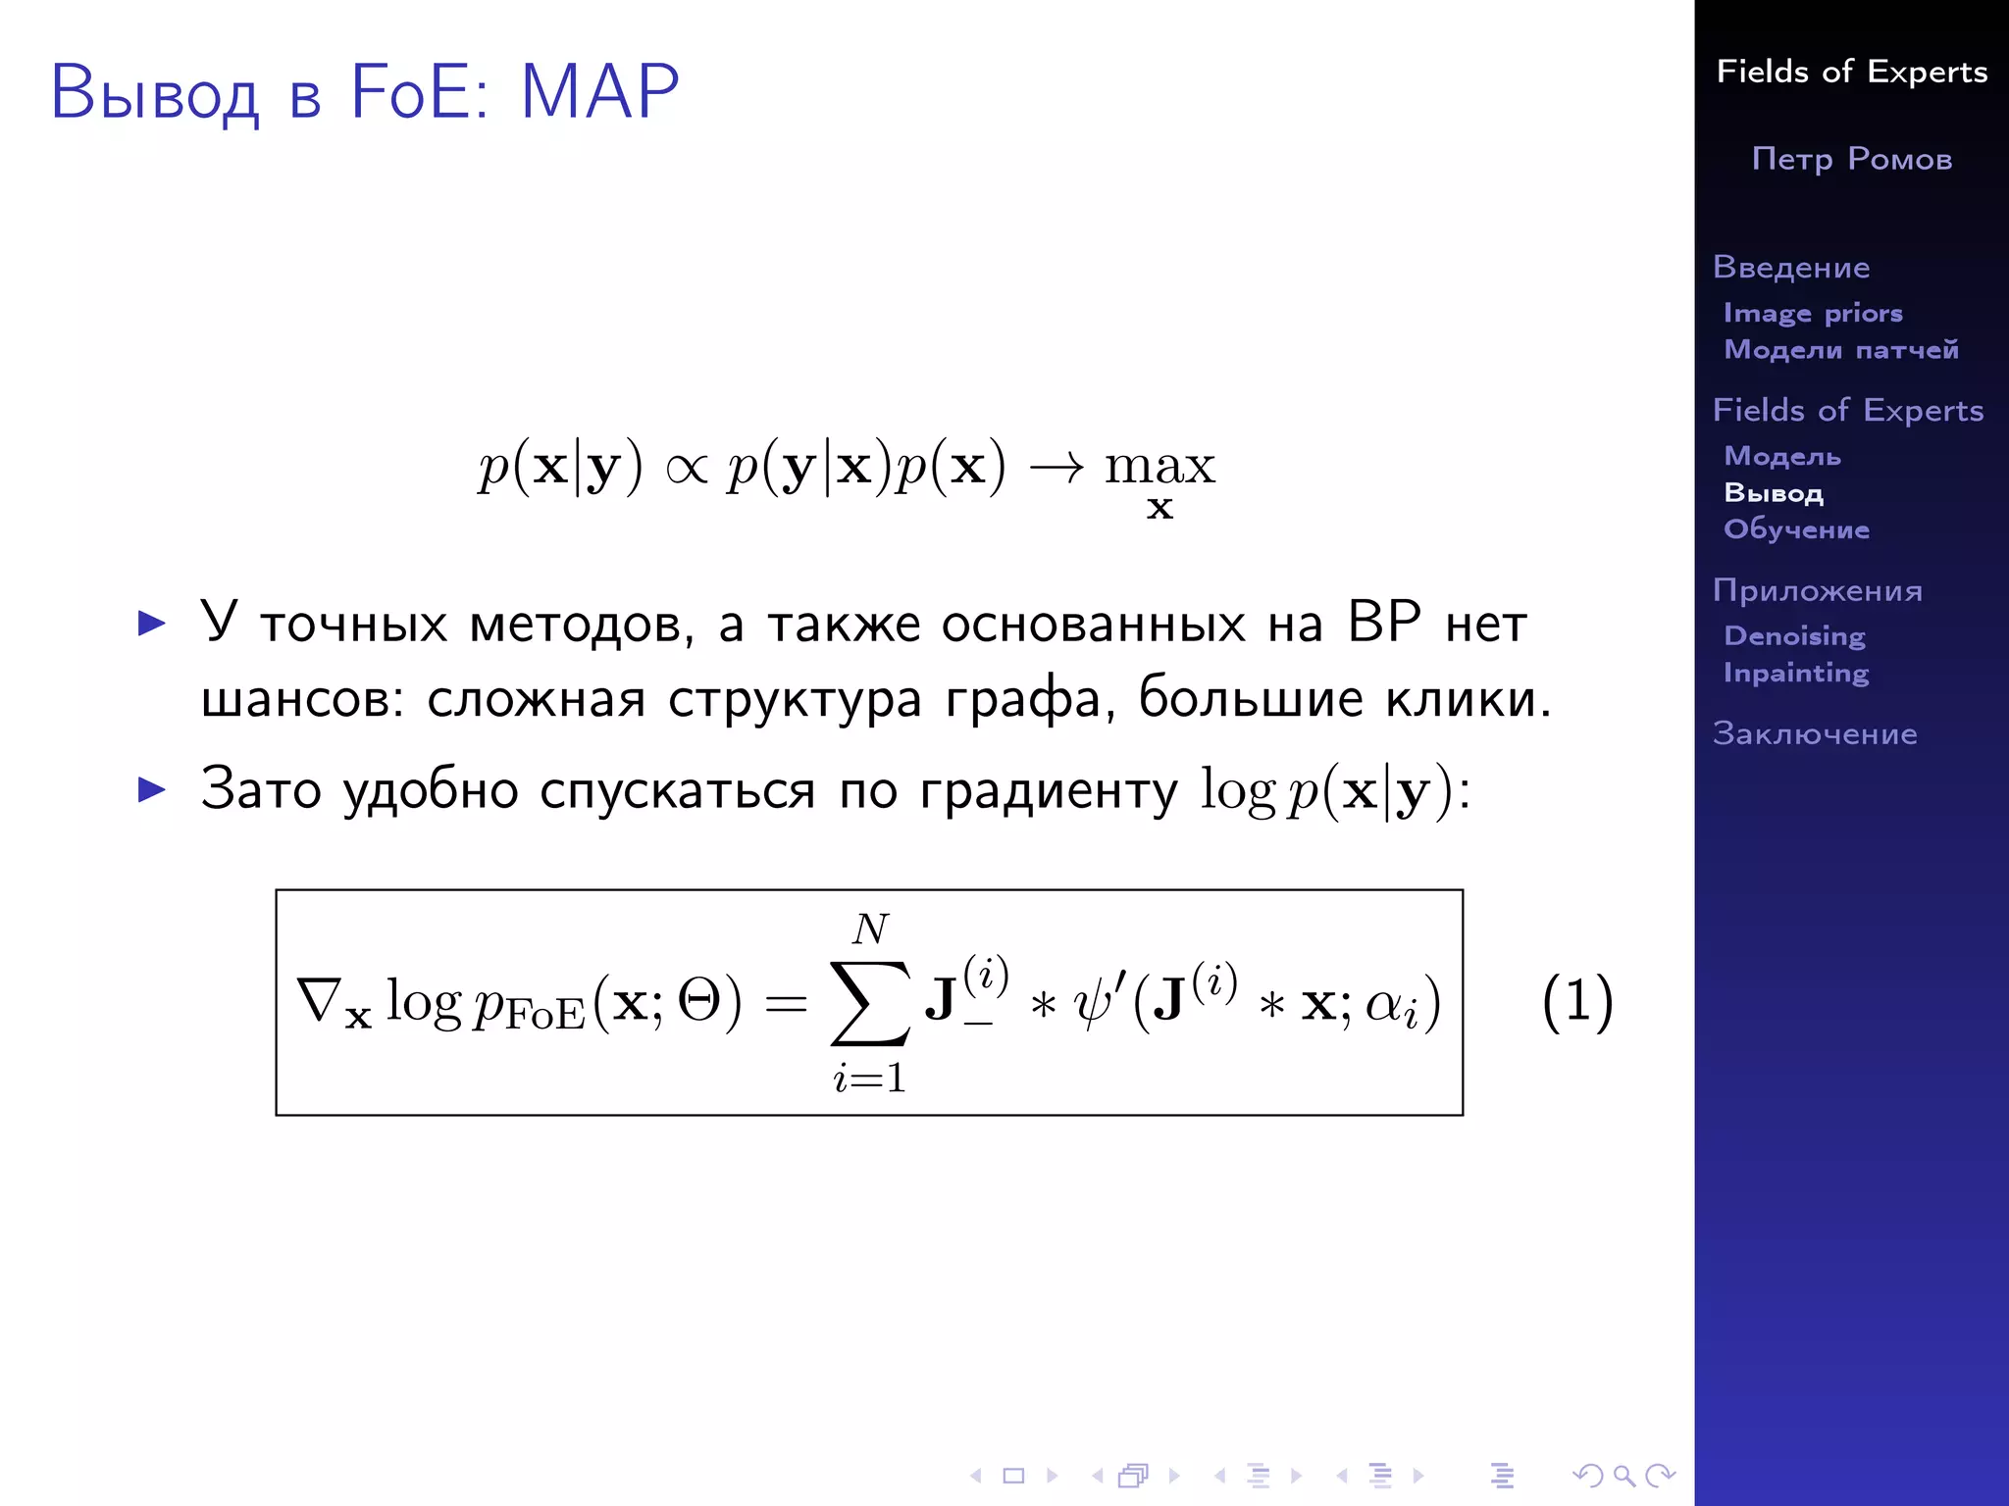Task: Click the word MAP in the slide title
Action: click(599, 92)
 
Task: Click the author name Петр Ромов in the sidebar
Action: click(1851, 159)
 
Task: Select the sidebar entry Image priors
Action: click(1813, 313)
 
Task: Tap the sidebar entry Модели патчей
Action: click(1841, 350)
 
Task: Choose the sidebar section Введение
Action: click(1791, 267)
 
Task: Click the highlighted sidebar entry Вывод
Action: click(1774, 493)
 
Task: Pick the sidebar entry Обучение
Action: click(1796, 529)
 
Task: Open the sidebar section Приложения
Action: click(1817, 590)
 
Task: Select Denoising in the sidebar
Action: click(1794, 636)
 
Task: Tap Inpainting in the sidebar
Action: click(1796, 673)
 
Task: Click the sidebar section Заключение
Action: click(1815, 733)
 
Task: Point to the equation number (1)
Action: click(1577, 1002)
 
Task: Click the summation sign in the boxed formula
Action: click(869, 1002)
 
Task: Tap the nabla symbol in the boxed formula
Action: click(320, 1000)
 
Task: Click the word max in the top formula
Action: click(1159, 466)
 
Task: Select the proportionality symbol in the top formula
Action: click(686, 468)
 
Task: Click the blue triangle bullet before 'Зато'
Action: click(152, 789)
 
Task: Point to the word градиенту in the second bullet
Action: click(1048, 790)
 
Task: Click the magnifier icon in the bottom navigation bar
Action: click(1623, 1476)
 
